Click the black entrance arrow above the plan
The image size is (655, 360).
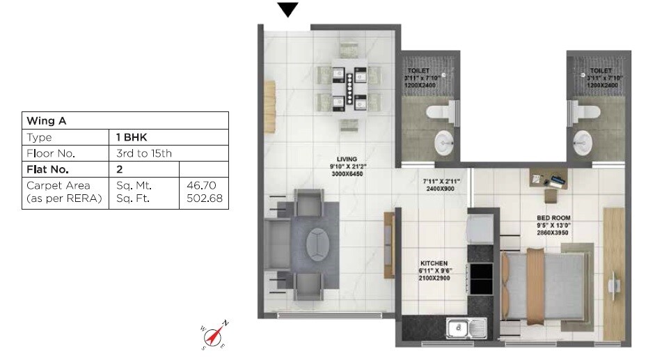coord(287,9)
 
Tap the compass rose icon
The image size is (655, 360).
coord(214,335)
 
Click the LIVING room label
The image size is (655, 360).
coord(342,159)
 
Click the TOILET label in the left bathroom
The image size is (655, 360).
coord(418,70)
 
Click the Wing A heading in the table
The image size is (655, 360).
coord(42,120)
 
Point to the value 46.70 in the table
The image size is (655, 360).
coord(204,186)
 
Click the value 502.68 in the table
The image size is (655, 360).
coord(204,198)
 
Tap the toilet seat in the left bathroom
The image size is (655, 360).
coord(441,111)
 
